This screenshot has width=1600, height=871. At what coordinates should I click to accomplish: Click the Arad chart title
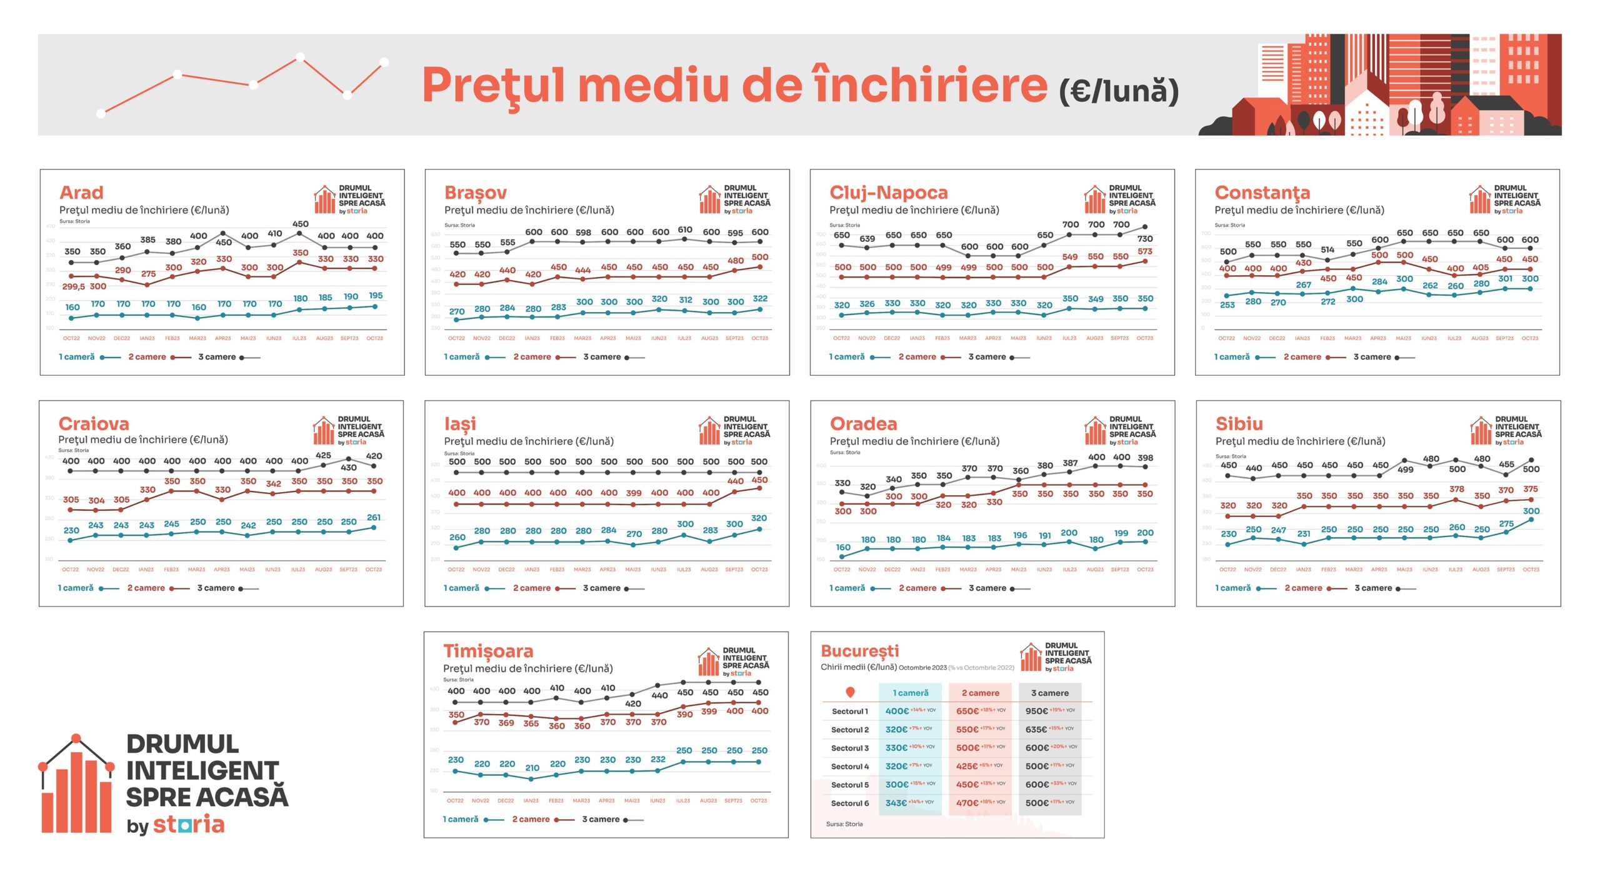coord(81,193)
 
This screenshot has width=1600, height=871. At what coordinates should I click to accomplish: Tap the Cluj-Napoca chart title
coord(888,193)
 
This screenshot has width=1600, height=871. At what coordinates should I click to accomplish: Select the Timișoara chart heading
coord(488,651)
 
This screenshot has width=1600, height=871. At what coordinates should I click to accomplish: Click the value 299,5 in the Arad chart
coord(74,286)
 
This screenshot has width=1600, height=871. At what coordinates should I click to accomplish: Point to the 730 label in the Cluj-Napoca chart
coord(1144,239)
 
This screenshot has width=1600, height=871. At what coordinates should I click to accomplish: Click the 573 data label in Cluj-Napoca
coord(1144,251)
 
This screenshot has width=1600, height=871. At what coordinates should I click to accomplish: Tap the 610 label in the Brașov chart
coord(685,230)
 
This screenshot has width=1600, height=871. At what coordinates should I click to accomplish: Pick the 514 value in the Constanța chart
coord(1327,249)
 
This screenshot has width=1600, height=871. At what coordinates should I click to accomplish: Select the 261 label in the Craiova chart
coord(374,518)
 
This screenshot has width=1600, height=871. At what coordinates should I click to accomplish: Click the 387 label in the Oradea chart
coord(1070,463)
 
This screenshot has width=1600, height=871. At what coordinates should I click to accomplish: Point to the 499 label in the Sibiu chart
coord(1405,470)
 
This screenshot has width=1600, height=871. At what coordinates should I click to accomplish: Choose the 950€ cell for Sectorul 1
coord(1036,711)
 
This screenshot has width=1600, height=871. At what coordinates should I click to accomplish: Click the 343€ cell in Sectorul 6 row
coord(896,803)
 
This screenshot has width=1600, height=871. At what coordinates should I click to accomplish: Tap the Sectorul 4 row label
coord(849,767)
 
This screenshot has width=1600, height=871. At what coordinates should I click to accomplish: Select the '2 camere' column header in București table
coord(980,693)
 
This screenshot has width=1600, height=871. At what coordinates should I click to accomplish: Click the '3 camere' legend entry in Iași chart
coord(601,588)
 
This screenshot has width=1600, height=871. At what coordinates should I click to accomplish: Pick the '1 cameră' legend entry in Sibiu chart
coord(1232,588)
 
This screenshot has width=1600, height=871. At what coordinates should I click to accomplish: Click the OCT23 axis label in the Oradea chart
coord(1145,570)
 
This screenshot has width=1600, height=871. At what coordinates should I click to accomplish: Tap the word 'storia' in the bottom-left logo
coord(189,824)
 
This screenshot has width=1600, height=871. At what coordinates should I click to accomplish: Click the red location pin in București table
coord(850,692)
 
